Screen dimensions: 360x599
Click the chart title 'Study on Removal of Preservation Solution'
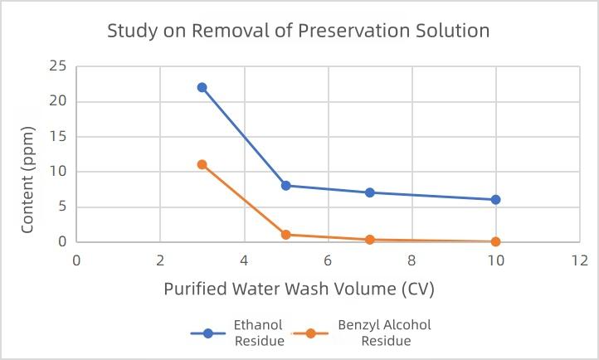pyautogui.click(x=299, y=32)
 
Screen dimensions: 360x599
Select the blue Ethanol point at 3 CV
pyautogui.click(x=202, y=87)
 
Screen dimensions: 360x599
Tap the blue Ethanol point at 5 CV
pyautogui.click(x=286, y=186)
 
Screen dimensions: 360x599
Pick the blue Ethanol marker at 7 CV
pyautogui.click(x=370, y=192)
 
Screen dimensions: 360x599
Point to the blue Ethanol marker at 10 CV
pyautogui.click(x=496, y=200)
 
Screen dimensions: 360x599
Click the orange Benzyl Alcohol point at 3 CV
pyautogui.click(x=202, y=164)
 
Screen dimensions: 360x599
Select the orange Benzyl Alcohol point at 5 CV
pyautogui.click(x=286, y=235)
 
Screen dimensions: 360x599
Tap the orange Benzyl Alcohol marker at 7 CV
pyautogui.click(x=370, y=240)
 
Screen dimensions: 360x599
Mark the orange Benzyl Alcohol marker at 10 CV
pyautogui.click(x=496, y=241)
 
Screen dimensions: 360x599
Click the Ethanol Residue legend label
pyautogui.click(x=258, y=333)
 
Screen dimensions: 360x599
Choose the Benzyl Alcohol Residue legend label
pyautogui.click(x=384, y=333)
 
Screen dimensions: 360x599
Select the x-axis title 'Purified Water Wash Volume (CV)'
pyautogui.click(x=299, y=289)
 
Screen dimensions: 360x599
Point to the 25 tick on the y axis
pyautogui.click(x=58, y=66)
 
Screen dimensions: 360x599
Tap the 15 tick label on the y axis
pyautogui.click(x=58, y=136)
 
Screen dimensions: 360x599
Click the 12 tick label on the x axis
pyautogui.click(x=579, y=260)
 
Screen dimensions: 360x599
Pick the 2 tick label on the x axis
pyautogui.click(x=160, y=260)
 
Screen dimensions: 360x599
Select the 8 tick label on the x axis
pyautogui.click(x=412, y=260)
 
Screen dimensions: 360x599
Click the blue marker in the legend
pyautogui.click(x=208, y=333)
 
